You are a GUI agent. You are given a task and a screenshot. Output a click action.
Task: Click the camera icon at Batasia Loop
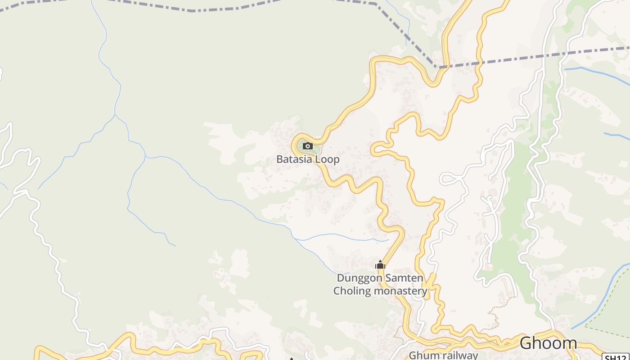pyautogui.click(x=308, y=146)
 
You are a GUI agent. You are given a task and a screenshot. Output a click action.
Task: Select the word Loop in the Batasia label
pyautogui.click(x=327, y=160)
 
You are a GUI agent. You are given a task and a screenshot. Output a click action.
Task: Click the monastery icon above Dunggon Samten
pyautogui.click(x=380, y=265)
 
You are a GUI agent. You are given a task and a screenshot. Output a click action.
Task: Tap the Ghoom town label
pyautogui.click(x=548, y=343)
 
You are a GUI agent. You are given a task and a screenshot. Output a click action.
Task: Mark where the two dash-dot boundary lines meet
pyautogui.click(x=436, y=67)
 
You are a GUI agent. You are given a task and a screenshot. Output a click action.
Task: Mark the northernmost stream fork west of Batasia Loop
pyautogui.click(x=115, y=115)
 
